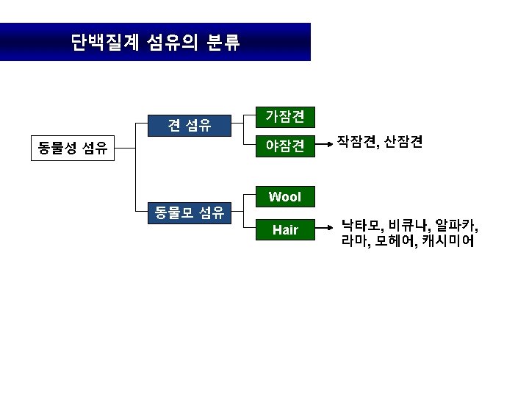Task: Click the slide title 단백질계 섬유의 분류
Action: coord(155,42)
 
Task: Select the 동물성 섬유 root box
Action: coord(73,149)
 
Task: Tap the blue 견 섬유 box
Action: coord(190,126)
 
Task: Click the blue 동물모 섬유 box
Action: coord(190,213)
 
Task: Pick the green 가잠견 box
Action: coord(285,116)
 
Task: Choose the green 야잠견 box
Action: coord(285,146)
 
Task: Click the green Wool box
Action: coord(285,197)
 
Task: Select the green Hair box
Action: coord(285,230)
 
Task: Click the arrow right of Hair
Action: coord(325,230)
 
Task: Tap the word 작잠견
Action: coord(356,142)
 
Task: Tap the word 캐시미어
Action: coord(447,240)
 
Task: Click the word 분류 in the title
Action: coord(223,42)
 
